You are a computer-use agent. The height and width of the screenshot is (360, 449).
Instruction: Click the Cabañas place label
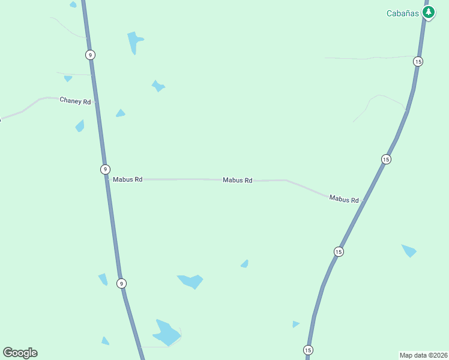(x=403, y=13)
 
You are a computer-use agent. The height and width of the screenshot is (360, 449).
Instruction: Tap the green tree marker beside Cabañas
(x=428, y=12)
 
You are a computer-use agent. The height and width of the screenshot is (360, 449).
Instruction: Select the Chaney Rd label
(x=74, y=101)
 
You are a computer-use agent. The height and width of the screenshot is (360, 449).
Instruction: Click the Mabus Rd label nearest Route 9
(x=127, y=179)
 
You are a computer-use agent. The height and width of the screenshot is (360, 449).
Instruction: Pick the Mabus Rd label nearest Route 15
(x=344, y=199)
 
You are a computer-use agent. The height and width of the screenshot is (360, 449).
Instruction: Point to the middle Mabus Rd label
(x=237, y=180)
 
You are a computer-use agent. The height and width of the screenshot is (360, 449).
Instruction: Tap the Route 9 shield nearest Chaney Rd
(x=89, y=55)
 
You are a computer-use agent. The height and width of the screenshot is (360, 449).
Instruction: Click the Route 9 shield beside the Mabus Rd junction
(x=105, y=169)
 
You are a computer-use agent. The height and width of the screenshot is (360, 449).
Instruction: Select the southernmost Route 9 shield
(x=121, y=283)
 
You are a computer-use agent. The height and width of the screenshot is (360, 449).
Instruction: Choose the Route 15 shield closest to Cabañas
(x=418, y=61)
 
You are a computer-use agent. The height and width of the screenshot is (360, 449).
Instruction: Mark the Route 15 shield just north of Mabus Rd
(x=386, y=159)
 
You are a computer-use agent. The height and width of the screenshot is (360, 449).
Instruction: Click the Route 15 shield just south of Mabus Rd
(x=339, y=252)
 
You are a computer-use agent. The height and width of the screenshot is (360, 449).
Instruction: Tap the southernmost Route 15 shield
(x=308, y=350)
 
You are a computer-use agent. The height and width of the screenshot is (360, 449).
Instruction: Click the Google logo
(x=20, y=353)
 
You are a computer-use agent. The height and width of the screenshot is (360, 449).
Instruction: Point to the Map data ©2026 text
(x=423, y=355)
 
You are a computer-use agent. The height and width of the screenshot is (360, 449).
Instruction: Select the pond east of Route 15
(x=409, y=250)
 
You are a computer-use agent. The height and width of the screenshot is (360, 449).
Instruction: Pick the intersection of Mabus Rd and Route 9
(x=107, y=179)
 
